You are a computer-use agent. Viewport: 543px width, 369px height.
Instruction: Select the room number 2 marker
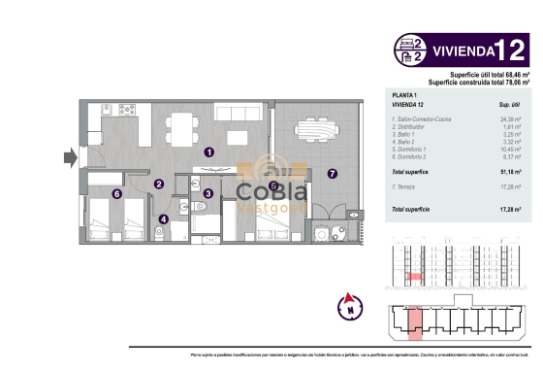pyautogui.click(x=159, y=184)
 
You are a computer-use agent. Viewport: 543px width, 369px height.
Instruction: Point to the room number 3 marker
pyautogui.click(x=208, y=193)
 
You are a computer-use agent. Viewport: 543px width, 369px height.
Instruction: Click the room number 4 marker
pyautogui.click(x=163, y=219)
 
